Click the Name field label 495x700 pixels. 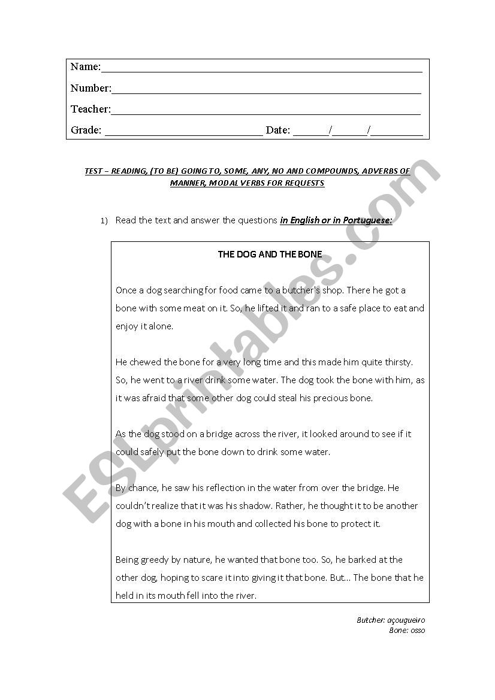85,66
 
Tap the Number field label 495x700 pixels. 90,88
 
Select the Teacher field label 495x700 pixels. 90,109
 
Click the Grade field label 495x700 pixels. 86,130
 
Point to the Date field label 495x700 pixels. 277,130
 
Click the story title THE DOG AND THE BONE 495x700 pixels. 270,254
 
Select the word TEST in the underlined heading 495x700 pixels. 94,171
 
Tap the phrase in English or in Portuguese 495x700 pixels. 336,220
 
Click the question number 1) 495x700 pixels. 104,221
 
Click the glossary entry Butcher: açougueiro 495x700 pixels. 391,621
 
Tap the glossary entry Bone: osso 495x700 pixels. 407,631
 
